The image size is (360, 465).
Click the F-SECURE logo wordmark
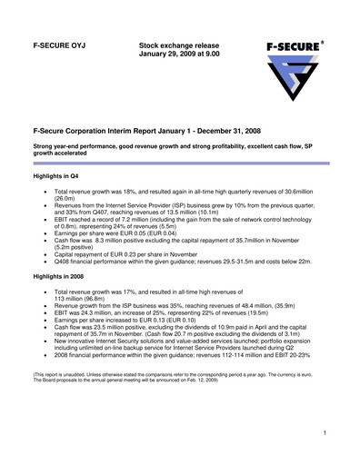(x=291, y=45)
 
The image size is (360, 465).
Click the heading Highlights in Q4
(x=59, y=174)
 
